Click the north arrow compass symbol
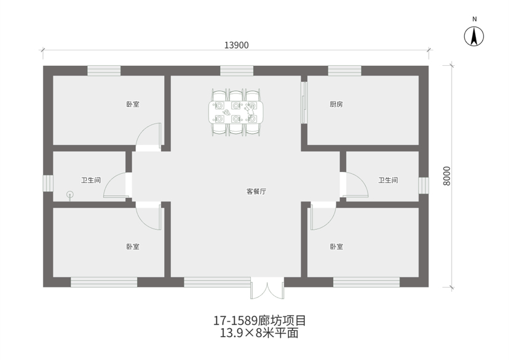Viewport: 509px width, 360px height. pos(473,36)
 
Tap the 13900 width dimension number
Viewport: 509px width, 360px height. pos(236,45)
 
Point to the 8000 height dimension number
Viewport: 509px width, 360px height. pos(447,176)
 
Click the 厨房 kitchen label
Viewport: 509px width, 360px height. pos(336,104)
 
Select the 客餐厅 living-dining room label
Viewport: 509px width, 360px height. pos(256,191)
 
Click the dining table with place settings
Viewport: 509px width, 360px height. pos(236,112)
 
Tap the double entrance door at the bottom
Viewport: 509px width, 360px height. pos(267,288)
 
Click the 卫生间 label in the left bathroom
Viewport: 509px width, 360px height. pos(90,180)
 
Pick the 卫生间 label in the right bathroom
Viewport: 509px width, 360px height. pos(388,180)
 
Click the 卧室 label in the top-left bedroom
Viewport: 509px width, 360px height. pos(133,104)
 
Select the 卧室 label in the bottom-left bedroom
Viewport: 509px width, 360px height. pos(133,246)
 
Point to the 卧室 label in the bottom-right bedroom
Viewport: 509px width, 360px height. pos(336,246)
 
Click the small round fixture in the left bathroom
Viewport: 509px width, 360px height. pos(70,195)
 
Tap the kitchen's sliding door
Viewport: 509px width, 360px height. pos(304,103)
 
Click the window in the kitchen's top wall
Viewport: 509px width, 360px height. pos(344,71)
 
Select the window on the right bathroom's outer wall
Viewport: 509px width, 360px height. pos(424,186)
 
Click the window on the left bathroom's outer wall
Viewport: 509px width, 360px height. pos(48,183)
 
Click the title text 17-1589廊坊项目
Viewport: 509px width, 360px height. pos(259,321)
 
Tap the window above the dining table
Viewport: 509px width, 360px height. pos(237,71)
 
